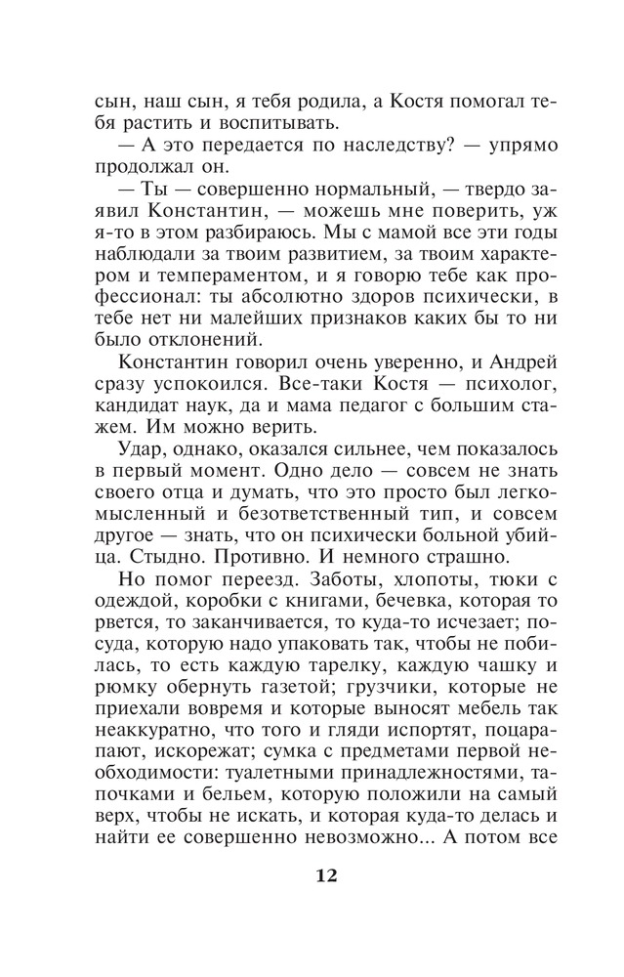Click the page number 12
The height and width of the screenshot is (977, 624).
[x=326, y=874]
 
